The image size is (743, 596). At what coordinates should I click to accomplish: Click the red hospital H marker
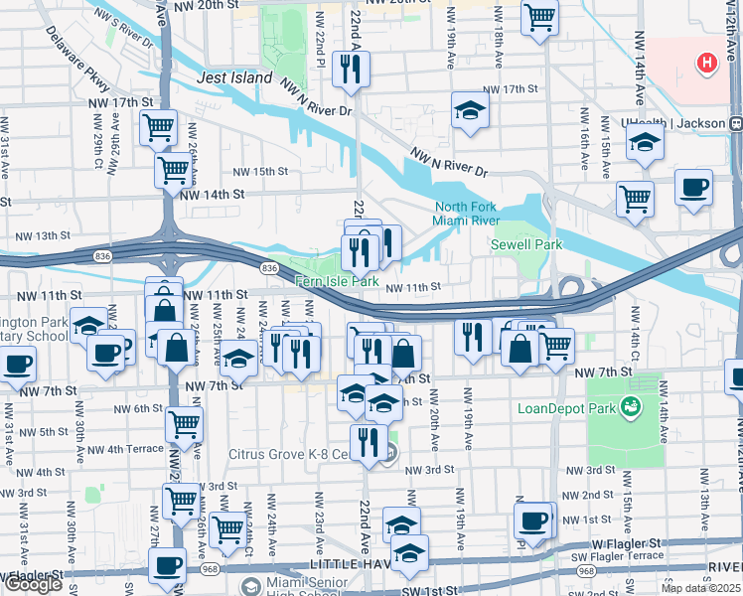coord(706,64)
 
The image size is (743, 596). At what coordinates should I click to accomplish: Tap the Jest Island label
coord(234,77)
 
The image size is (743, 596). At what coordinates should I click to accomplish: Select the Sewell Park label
coord(526,244)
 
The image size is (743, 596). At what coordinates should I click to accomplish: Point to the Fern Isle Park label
coord(337,282)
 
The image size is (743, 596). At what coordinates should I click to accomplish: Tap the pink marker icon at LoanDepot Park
coord(628,405)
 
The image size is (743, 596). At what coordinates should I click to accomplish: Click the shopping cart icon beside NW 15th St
coord(173,170)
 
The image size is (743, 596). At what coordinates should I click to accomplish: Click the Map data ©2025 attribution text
coord(701,588)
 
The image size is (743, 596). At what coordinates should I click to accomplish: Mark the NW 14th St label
coord(212,195)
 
